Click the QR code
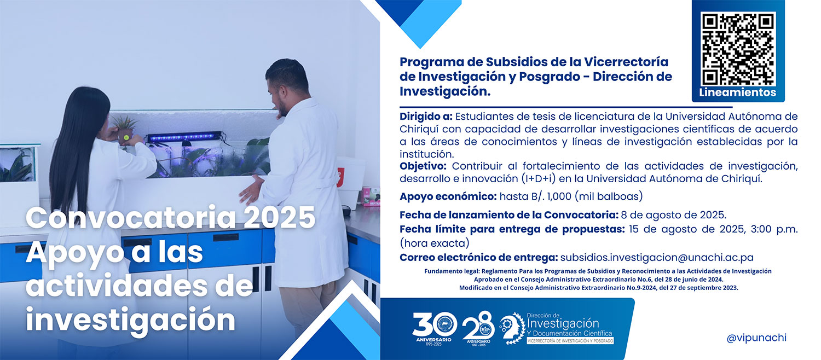(x=738, y=49)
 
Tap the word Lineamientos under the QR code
(x=738, y=92)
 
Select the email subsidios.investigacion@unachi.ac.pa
(x=657, y=258)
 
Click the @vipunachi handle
(x=756, y=338)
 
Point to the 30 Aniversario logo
(x=435, y=328)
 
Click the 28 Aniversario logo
(x=478, y=328)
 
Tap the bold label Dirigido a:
(x=426, y=117)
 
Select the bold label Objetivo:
(x=423, y=166)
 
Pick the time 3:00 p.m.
(x=774, y=229)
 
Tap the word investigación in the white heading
(x=130, y=320)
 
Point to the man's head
(x=286, y=85)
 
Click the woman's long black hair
(x=78, y=147)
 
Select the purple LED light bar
(x=184, y=137)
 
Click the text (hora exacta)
(x=435, y=243)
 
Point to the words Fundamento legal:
(x=452, y=271)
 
